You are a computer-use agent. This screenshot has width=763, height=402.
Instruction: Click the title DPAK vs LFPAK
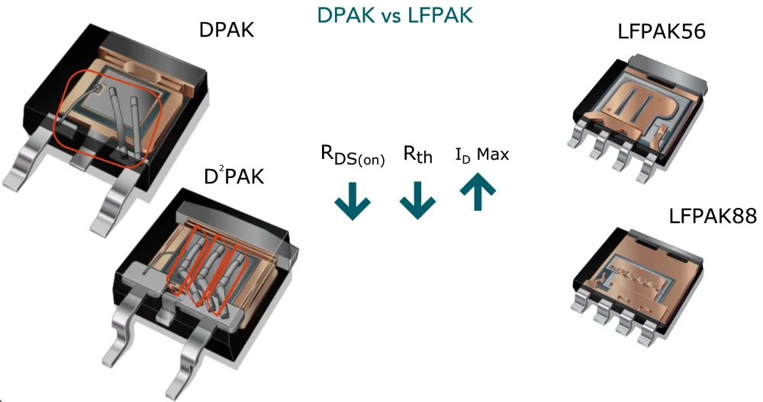[394, 15]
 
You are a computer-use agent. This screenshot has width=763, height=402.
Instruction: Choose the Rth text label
[417, 155]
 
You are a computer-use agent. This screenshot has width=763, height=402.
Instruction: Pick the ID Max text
[481, 155]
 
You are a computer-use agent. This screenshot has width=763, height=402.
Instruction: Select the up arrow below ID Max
[478, 193]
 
